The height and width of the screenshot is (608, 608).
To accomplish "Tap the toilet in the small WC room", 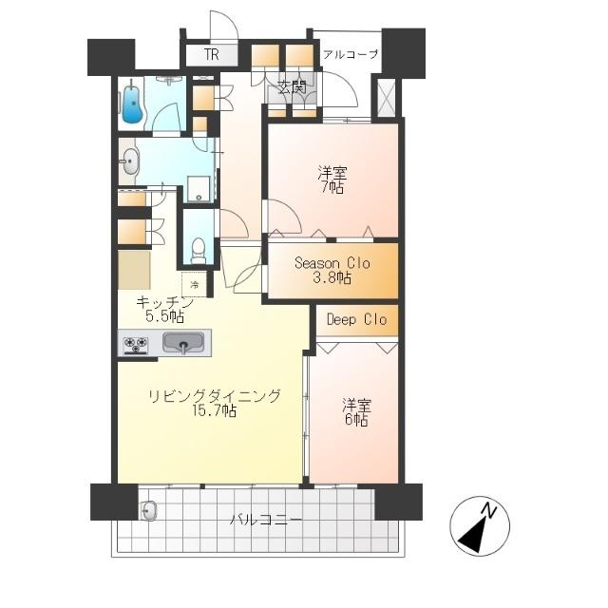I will click(198, 250).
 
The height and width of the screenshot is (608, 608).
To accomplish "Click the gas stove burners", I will click(137, 345).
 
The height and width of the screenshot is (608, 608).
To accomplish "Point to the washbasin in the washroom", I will click(129, 163).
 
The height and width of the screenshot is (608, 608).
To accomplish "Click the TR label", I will click(211, 55).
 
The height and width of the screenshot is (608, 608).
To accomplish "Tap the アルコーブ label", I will click(350, 54).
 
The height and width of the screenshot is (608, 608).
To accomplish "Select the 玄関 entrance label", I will click(292, 89).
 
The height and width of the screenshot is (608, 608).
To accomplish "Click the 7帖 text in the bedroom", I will click(332, 188).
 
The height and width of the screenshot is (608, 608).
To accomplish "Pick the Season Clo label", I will click(332, 263).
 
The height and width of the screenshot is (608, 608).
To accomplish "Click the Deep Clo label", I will click(356, 320).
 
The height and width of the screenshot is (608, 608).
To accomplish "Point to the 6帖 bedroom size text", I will click(356, 420).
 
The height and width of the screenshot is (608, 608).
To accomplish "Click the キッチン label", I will click(165, 302).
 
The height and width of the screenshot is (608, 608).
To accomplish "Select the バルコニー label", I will click(266, 520).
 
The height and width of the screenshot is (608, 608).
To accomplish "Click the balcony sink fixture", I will click(148, 512).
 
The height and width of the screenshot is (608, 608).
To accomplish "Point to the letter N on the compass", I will click(490, 511).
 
